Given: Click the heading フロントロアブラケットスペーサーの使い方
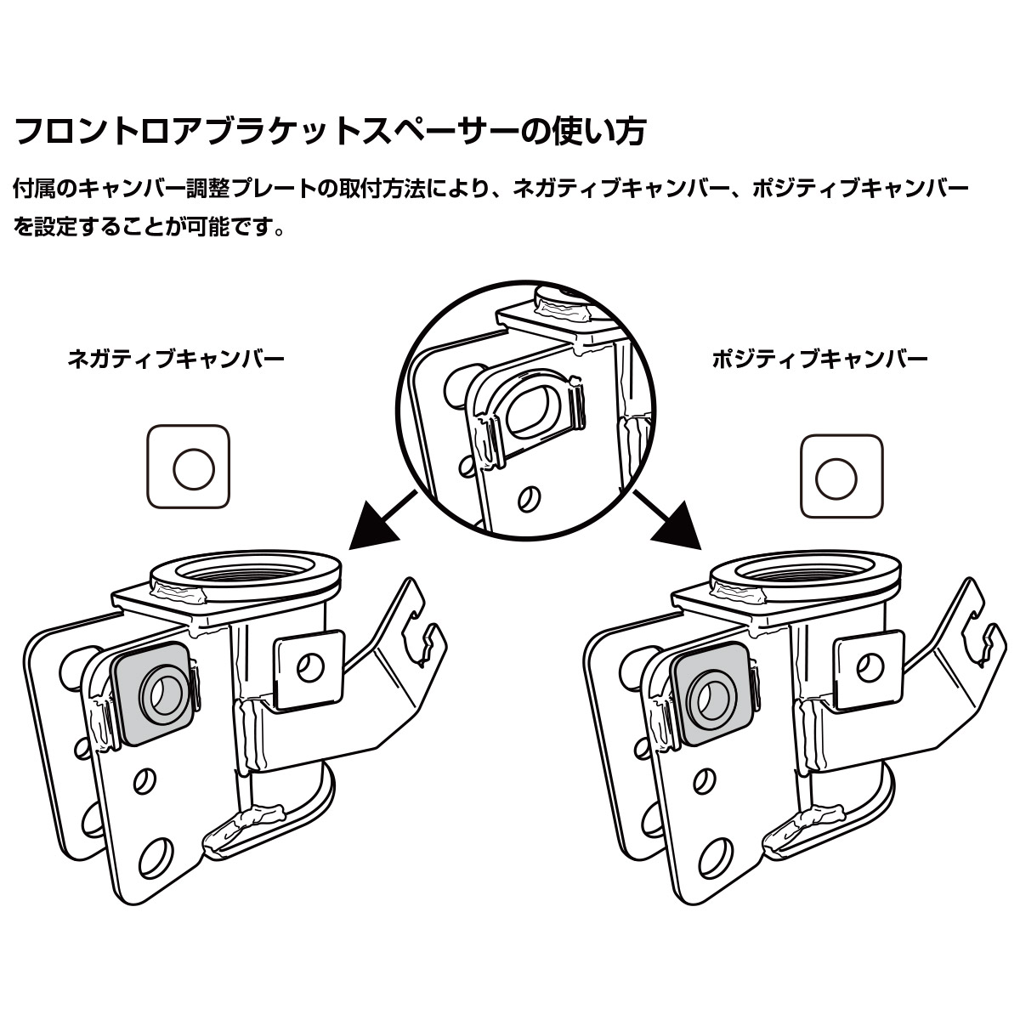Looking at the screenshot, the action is tap(331, 131).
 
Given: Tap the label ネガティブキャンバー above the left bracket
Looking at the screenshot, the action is tap(176, 359).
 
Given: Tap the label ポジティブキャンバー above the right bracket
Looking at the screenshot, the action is tap(819, 359).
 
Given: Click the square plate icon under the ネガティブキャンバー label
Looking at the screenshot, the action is tap(189, 468).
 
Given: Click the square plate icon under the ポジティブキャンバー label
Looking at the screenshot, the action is tap(842, 476).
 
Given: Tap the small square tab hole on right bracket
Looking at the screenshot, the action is tap(871, 668).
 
